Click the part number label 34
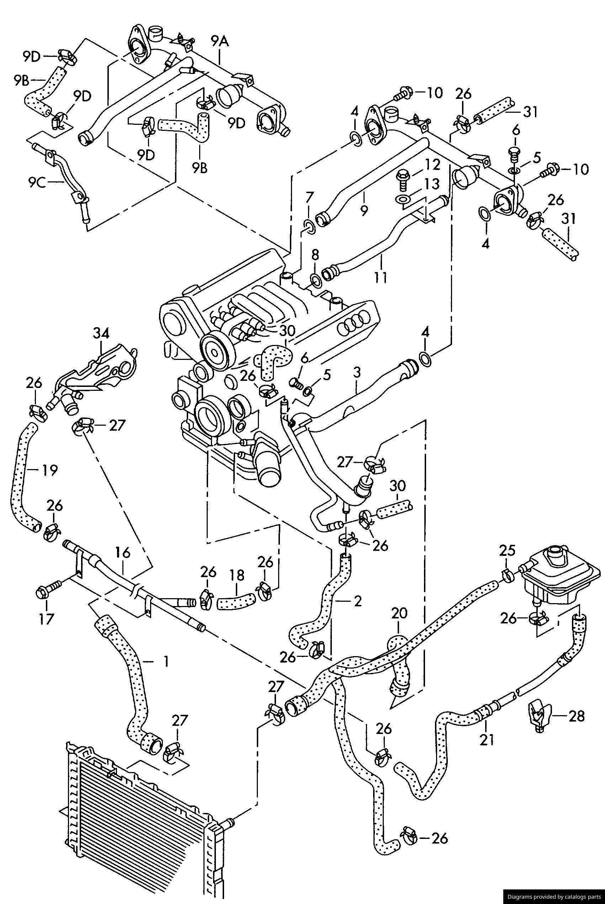click(101, 333)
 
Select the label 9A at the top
click(220, 41)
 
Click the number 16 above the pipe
click(123, 553)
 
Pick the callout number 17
click(46, 619)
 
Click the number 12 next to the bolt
click(432, 165)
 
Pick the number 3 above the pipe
click(357, 372)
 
